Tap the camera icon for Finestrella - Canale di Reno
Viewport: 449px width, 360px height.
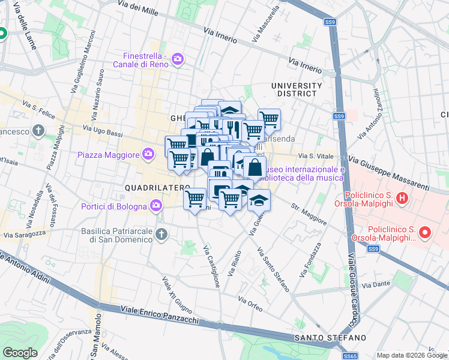click(x=178, y=59)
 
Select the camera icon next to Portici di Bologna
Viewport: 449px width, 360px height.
click(x=157, y=207)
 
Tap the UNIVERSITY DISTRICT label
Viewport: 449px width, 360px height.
click(x=294, y=89)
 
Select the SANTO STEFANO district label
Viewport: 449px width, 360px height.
click(x=330, y=338)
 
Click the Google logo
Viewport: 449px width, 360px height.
click(x=19, y=353)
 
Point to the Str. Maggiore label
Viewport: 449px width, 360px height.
click(x=309, y=215)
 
